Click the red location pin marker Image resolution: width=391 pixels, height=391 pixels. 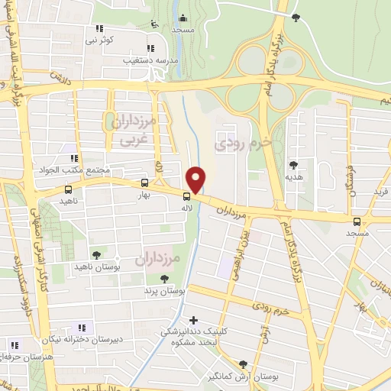click(197, 179)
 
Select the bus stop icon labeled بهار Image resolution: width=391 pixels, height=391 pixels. click(144, 183)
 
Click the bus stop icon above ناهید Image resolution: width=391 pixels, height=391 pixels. click(69, 189)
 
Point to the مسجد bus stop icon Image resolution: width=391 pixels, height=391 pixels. click(357, 221)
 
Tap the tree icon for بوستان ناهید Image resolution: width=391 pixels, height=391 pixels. click(95, 256)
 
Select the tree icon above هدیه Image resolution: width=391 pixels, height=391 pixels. click(293, 164)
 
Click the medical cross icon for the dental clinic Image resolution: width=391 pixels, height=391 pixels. click(193, 320)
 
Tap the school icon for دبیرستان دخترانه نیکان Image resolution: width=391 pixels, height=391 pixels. click(82, 328)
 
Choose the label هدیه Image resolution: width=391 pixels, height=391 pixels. click(293, 176)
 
